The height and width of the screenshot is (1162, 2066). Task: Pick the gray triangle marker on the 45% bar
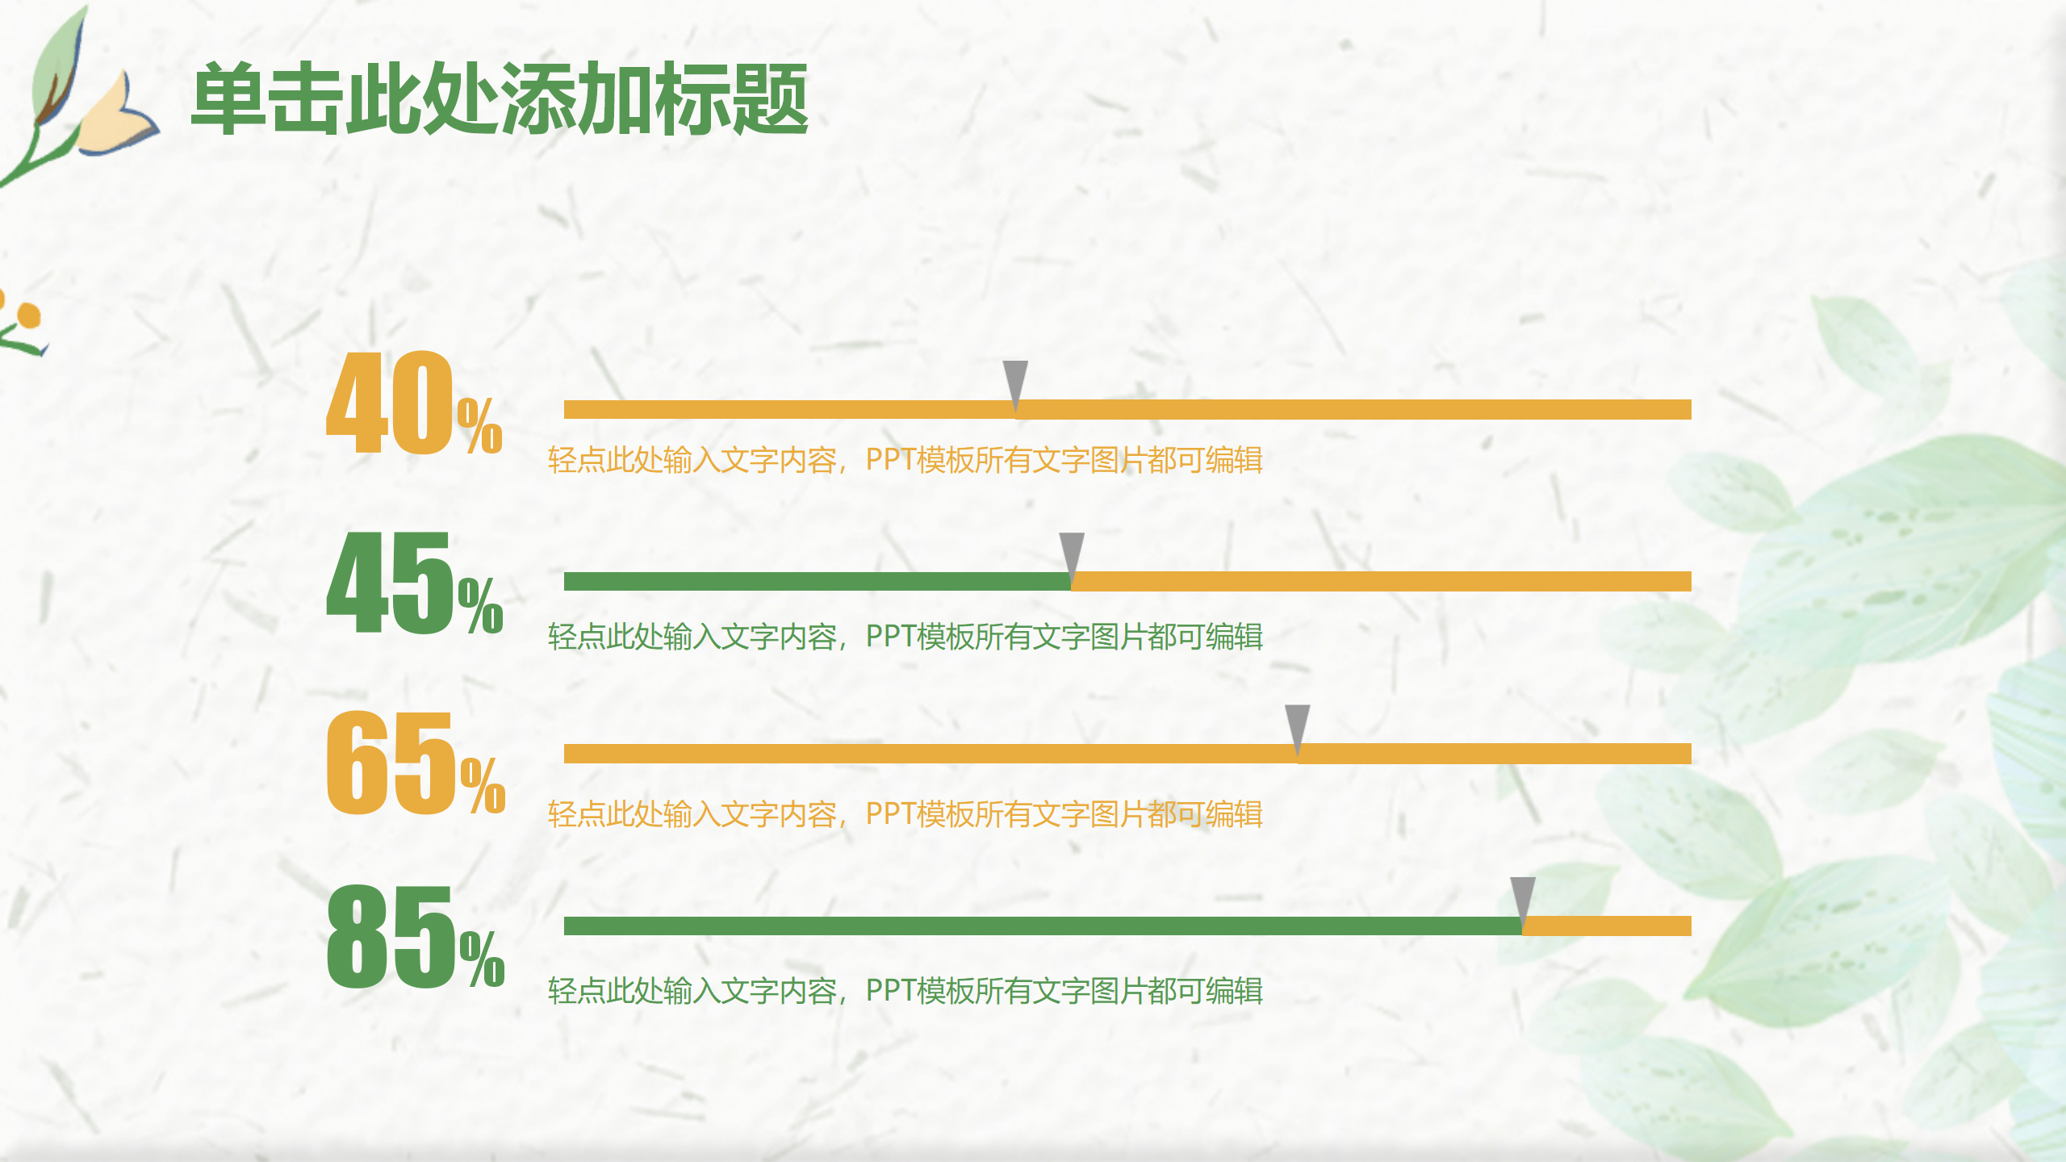point(1072,554)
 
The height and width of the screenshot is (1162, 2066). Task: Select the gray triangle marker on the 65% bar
point(1297,725)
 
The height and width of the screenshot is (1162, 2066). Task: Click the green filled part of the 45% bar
point(815,582)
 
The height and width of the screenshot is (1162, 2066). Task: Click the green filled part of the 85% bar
point(1041,926)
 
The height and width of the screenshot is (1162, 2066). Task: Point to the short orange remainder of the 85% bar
point(1606,926)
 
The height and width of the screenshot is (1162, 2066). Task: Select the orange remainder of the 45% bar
point(1380,582)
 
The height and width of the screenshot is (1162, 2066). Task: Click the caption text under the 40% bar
point(904,460)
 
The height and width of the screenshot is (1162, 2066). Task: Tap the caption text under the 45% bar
point(904,637)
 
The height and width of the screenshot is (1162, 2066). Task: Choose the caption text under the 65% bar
point(904,814)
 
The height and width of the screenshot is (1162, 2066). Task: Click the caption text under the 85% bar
point(904,991)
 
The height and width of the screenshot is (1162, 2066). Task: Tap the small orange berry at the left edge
point(28,315)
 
